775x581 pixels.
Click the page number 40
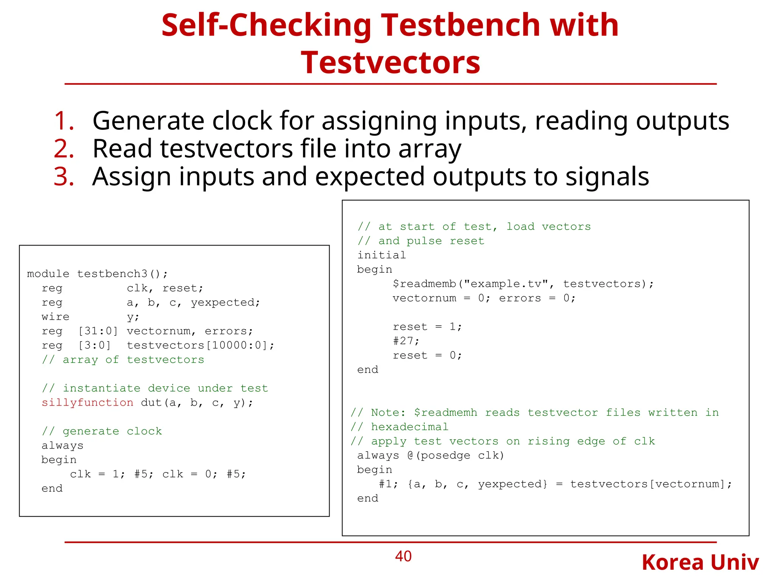tap(403, 556)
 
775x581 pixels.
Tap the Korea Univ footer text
tap(700, 562)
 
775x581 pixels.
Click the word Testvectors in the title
tap(391, 62)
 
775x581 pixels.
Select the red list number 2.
tap(64, 149)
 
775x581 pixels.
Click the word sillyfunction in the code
tap(87, 402)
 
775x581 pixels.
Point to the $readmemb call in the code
tap(425, 284)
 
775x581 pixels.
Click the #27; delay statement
tap(406, 341)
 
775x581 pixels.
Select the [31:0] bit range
tap(98, 331)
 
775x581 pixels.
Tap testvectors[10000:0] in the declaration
tap(200, 345)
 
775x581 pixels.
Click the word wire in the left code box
tap(56, 317)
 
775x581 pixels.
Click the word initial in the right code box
tap(381, 255)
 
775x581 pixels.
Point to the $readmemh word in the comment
tap(445, 412)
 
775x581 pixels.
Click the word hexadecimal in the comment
tap(409, 427)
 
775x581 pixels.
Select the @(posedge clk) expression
tap(456, 455)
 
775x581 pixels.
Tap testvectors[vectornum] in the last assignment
tap(651, 484)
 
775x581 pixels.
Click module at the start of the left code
tap(48, 273)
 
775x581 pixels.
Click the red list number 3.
tap(64, 177)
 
